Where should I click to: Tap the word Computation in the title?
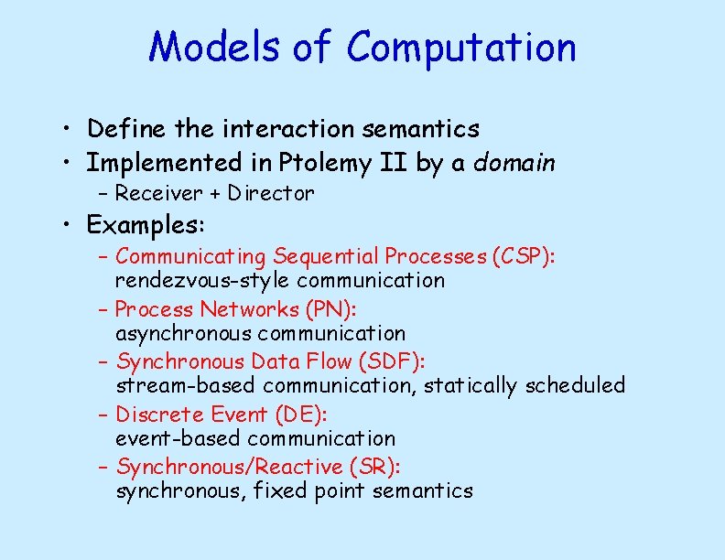[462, 47]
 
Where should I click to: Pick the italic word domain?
[514, 163]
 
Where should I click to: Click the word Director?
[271, 193]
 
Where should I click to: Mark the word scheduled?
[575, 386]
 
